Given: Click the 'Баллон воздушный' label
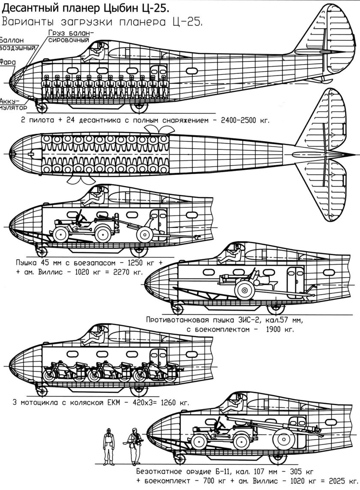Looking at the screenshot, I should (x=16, y=44).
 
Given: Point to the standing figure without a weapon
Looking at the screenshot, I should (x=109, y=445).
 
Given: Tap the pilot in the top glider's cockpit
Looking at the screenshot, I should (x=94, y=53).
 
